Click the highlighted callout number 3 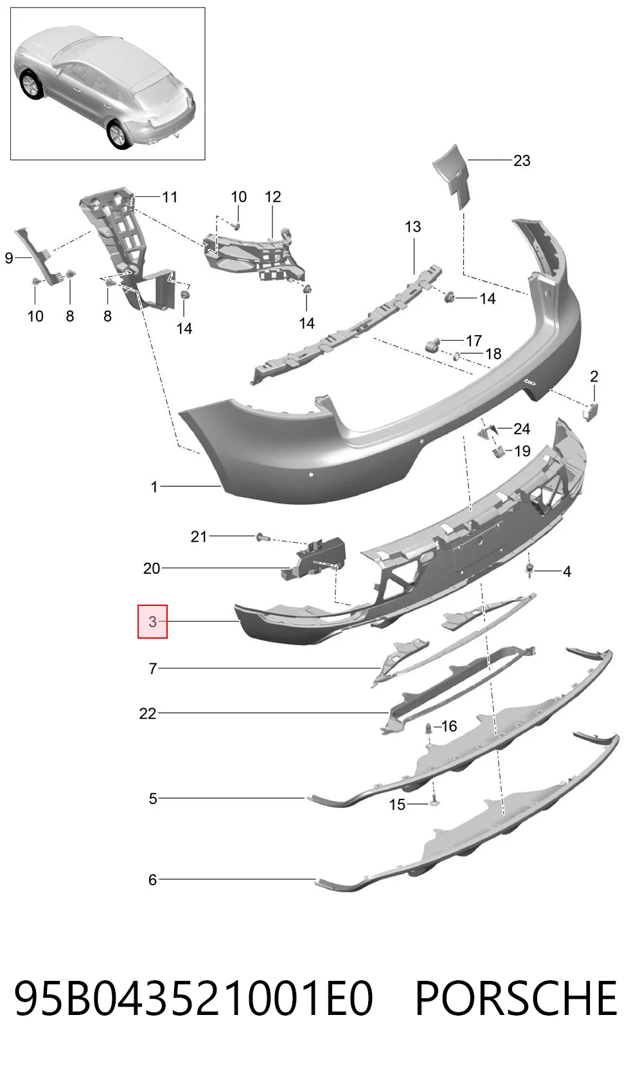pyautogui.click(x=152, y=621)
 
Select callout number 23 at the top pyautogui.click(x=522, y=160)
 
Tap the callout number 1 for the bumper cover pyautogui.click(x=154, y=487)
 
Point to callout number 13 pyautogui.click(x=413, y=226)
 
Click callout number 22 pyautogui.click(x=148, y=713)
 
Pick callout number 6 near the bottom pyautogui.click(x=152, y=880)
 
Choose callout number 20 pyautogui.click(x=152, y=569)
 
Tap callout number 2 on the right pyautogui.click(x=594, y=376)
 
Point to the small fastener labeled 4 pyautogui.click(x=530, y=571)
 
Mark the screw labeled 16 pyautogui.click(x=428, y=728)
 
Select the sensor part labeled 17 pyautogui.click(x=433, y=345)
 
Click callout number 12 pyautogui.click(x=272, y=197)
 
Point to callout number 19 pyautogui.click(x=522, y=451)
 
